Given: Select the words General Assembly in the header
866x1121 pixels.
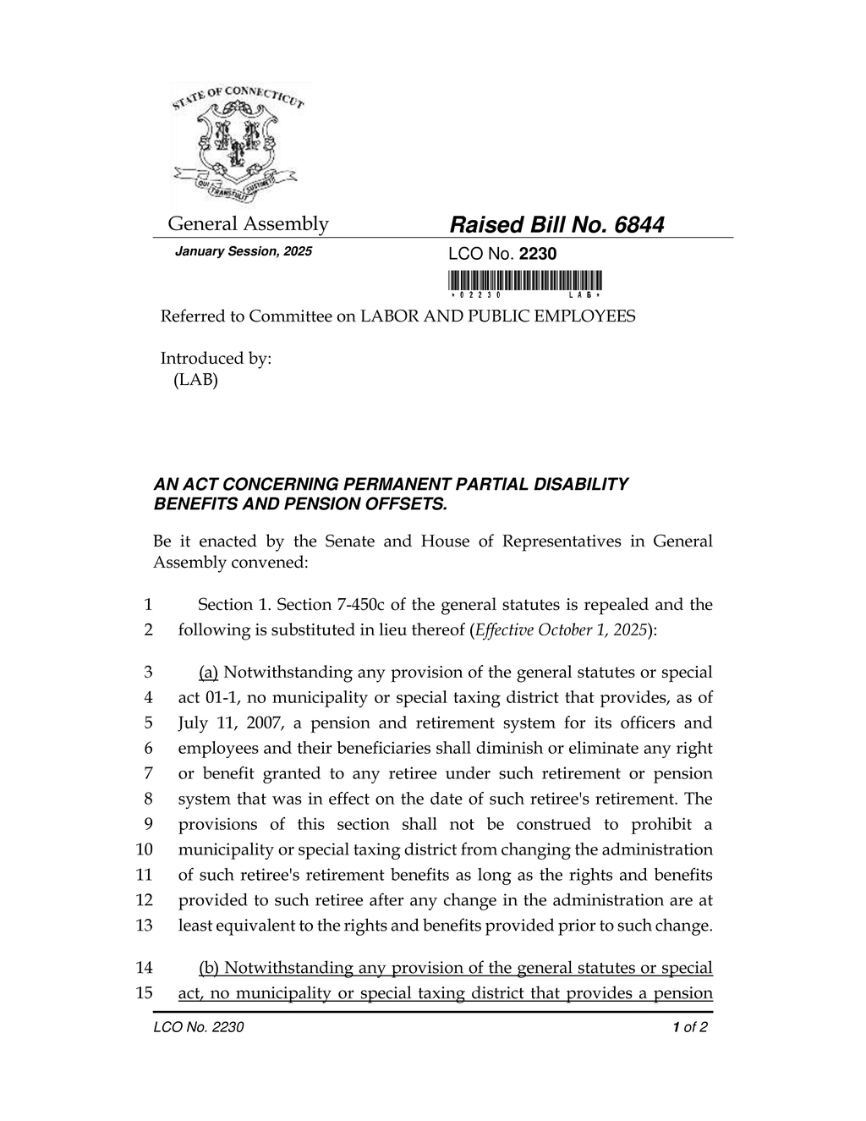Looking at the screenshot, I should pyautogui.click(x=248, y=224).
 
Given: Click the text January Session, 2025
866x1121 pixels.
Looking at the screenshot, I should pyautogui.click(x=243, y=252).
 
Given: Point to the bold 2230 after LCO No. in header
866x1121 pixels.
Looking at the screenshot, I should pyautogui.click(x=537, y=254).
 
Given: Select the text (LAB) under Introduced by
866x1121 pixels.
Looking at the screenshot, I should pyautogui.click(x=195, y=380).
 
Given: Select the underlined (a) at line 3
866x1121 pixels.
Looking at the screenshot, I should pyautogui.click(x=209, y=673).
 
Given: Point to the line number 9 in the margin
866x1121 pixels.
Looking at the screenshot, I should pyautogui.click(x=147, y=825).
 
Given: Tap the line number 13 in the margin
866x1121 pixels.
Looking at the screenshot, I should pyautogui.click(x=144, y=926).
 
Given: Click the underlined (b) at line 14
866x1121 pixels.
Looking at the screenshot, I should pyautogui.click(x=209, y=968).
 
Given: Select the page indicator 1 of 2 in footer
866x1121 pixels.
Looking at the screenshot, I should pyautogui.click(x=690, y=1028).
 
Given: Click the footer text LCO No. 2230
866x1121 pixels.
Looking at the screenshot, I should pyautogui.click(x=199, y=1028).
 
